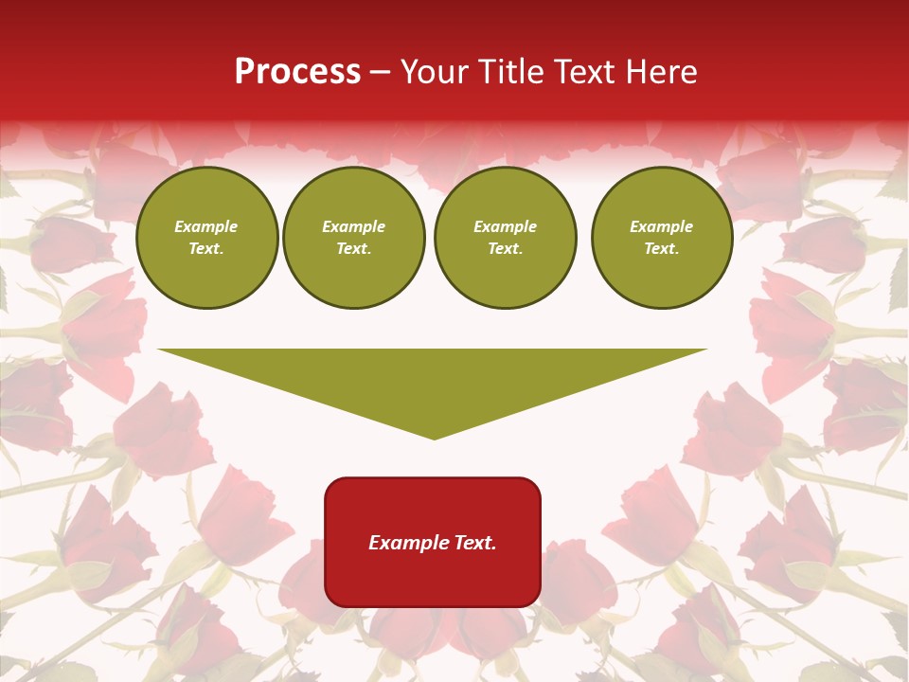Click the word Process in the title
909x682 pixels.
(x=297, y=72)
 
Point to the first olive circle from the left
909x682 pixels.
(x=206, y=238)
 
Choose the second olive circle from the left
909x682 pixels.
(x=353, y=238)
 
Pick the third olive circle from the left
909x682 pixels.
(x=505, y=238)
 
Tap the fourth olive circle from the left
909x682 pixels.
(x=662, y=238)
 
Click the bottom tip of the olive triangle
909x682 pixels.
(x=434, y=437)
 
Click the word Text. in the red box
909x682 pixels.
(x=474, y=543)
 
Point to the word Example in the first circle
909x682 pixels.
(x=206, y=226)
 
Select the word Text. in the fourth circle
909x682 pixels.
(x=662, y=248)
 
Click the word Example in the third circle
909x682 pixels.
(x=505, y=226)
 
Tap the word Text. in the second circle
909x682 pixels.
(x=353, y=248)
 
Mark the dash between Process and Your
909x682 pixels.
(x=381, y=72)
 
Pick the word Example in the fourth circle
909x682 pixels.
(x=662, y=226)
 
